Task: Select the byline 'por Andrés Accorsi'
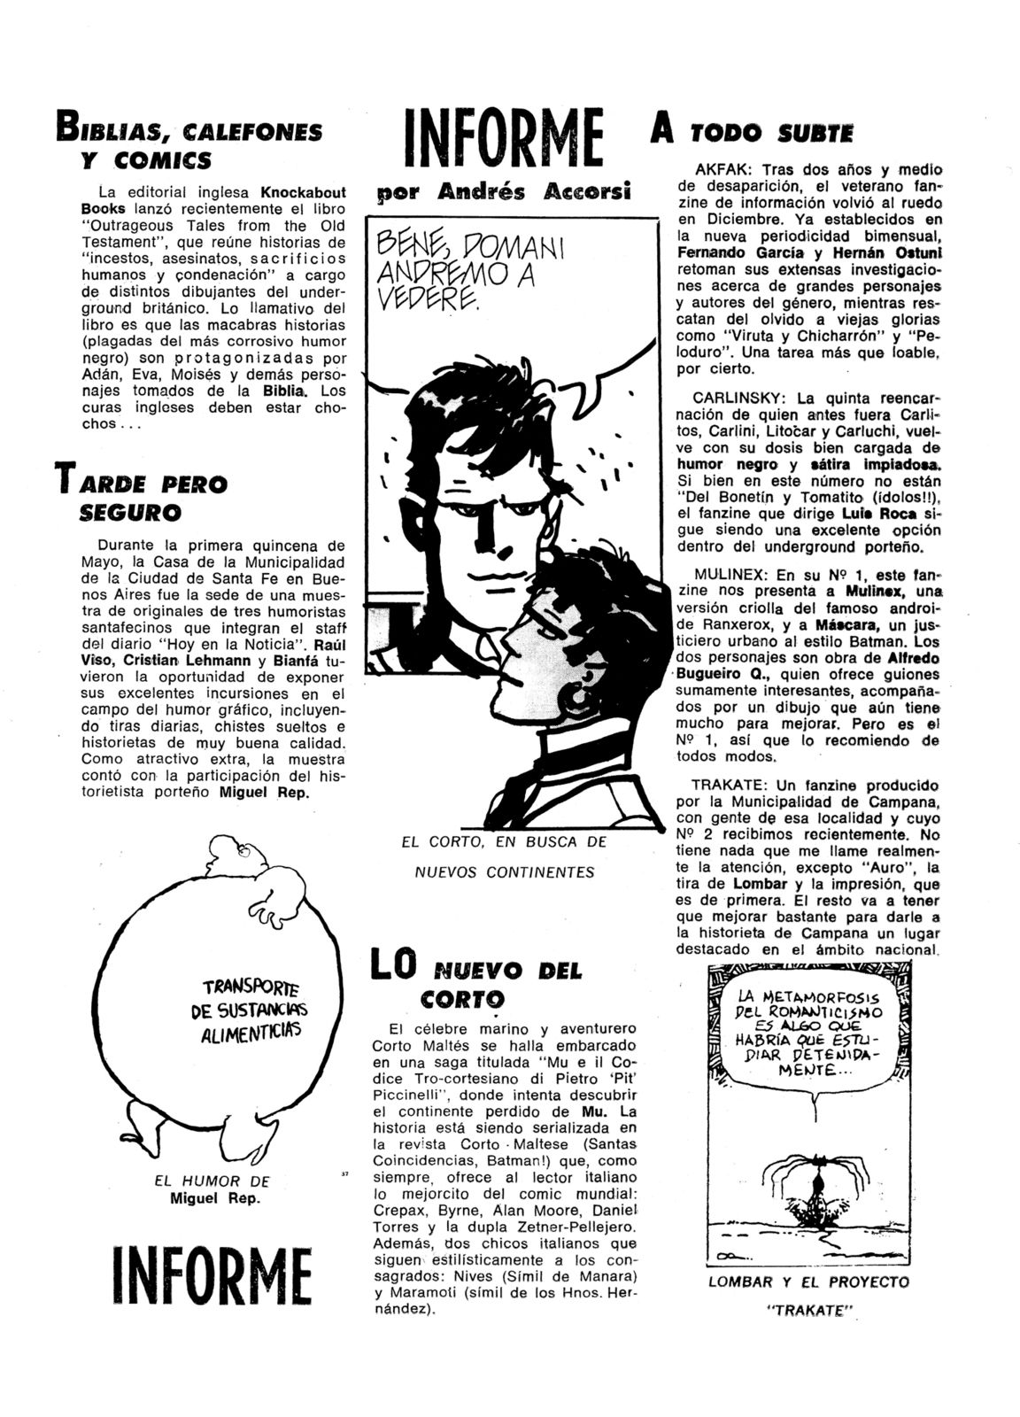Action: [x=504, y=192]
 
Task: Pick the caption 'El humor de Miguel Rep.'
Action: [x=212, y=1189]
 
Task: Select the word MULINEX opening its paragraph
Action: [x=727, y=574]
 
